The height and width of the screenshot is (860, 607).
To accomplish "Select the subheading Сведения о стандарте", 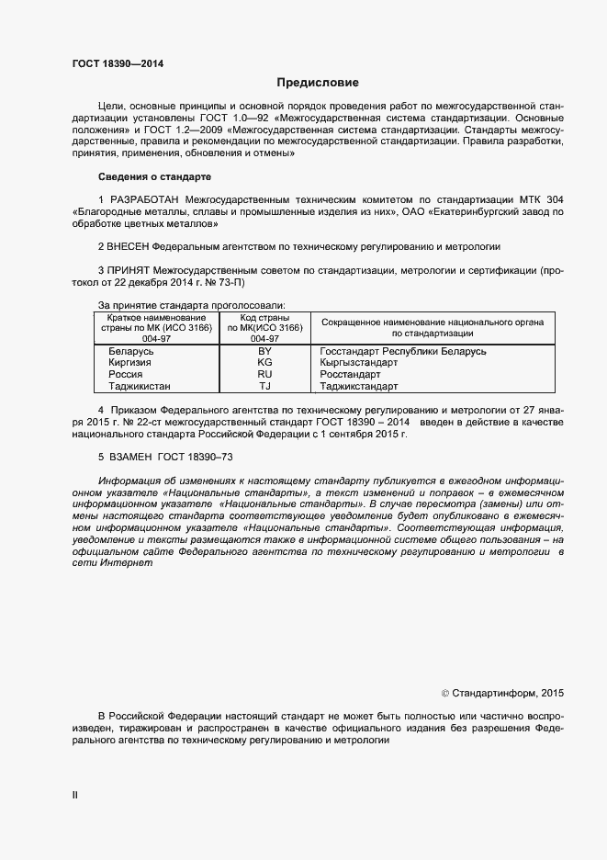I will click(154, 175).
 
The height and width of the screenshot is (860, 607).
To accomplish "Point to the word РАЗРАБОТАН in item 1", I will click(145, 198).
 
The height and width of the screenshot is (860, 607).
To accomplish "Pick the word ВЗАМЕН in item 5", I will click(131, 456).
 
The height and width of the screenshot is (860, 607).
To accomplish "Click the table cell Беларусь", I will click(130, 351).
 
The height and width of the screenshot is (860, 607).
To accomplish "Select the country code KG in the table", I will click(264, 363).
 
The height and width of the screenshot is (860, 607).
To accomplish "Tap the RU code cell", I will click(264, 375).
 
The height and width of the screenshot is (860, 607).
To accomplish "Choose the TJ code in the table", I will click(264, 387).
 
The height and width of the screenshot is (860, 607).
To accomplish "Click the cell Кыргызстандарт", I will click(358, 363).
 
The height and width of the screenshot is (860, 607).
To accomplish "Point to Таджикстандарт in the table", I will click(358, 387).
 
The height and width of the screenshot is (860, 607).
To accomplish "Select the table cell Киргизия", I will click(129, 363).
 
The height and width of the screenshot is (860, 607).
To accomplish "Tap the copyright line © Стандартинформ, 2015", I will click(503, 693).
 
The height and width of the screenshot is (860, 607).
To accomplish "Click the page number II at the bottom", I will click(74, 795).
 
